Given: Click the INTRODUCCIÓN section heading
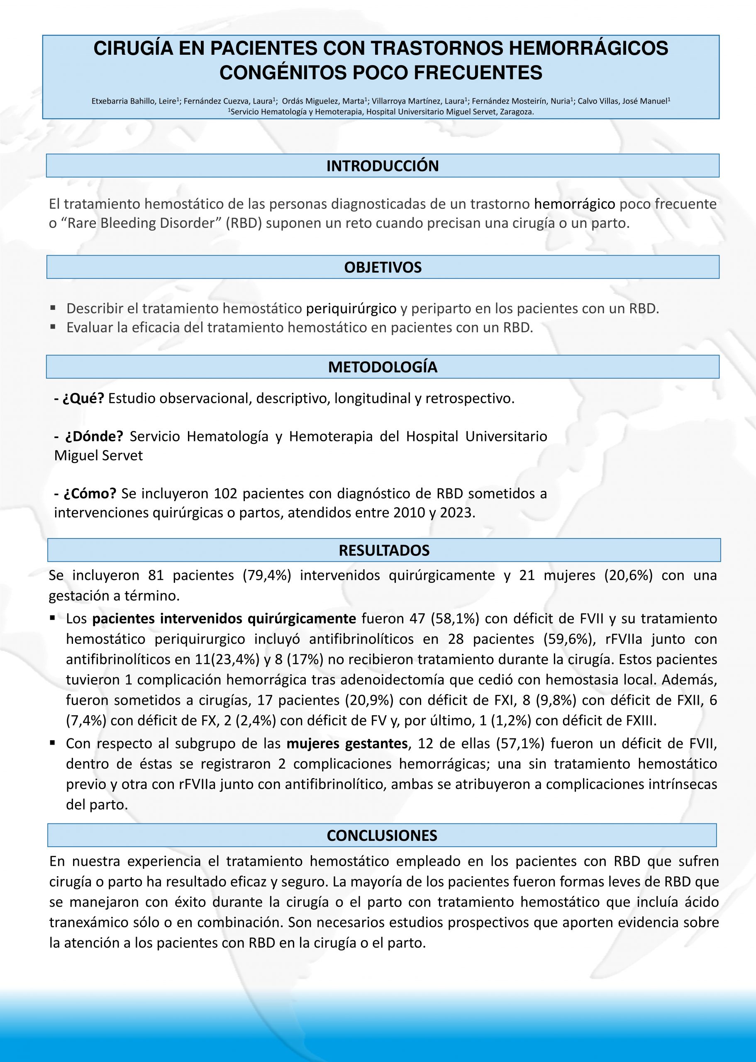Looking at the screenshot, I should coord(382,166).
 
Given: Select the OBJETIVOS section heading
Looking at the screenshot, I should coord(383,268).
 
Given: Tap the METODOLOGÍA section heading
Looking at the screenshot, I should coord(383,367).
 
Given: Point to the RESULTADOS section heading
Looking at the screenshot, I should coord(384,550).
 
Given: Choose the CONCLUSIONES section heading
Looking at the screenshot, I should coord(382,835).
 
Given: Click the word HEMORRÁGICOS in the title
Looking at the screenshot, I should coord(588,49).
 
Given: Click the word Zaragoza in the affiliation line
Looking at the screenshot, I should coord(516,112).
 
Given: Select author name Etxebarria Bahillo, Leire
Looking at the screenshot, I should coord(134,101).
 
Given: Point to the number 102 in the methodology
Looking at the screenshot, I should coord(226,493).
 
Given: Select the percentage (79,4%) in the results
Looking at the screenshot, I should coord(267,576).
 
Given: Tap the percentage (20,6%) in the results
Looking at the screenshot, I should coord(629,576).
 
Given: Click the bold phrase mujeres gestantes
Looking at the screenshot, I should coord(347,744).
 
